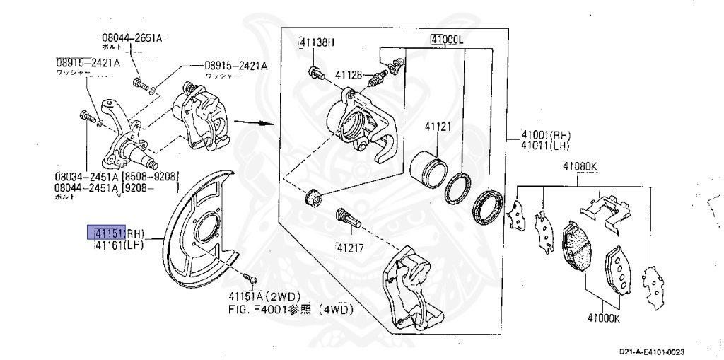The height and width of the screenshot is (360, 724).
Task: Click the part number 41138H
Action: pos(316,42)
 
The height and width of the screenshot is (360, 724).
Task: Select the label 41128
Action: pos(349,74)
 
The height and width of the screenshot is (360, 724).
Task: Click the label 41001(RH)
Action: pos(546,135)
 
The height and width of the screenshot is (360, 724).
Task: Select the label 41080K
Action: pos(580,167)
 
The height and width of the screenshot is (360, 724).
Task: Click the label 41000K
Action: pos(602,317)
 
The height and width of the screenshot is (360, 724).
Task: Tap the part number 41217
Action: pos(350,248)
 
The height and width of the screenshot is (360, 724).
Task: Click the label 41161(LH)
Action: pos(119,245)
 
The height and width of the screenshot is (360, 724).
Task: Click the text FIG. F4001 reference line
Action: pos(290,309)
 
